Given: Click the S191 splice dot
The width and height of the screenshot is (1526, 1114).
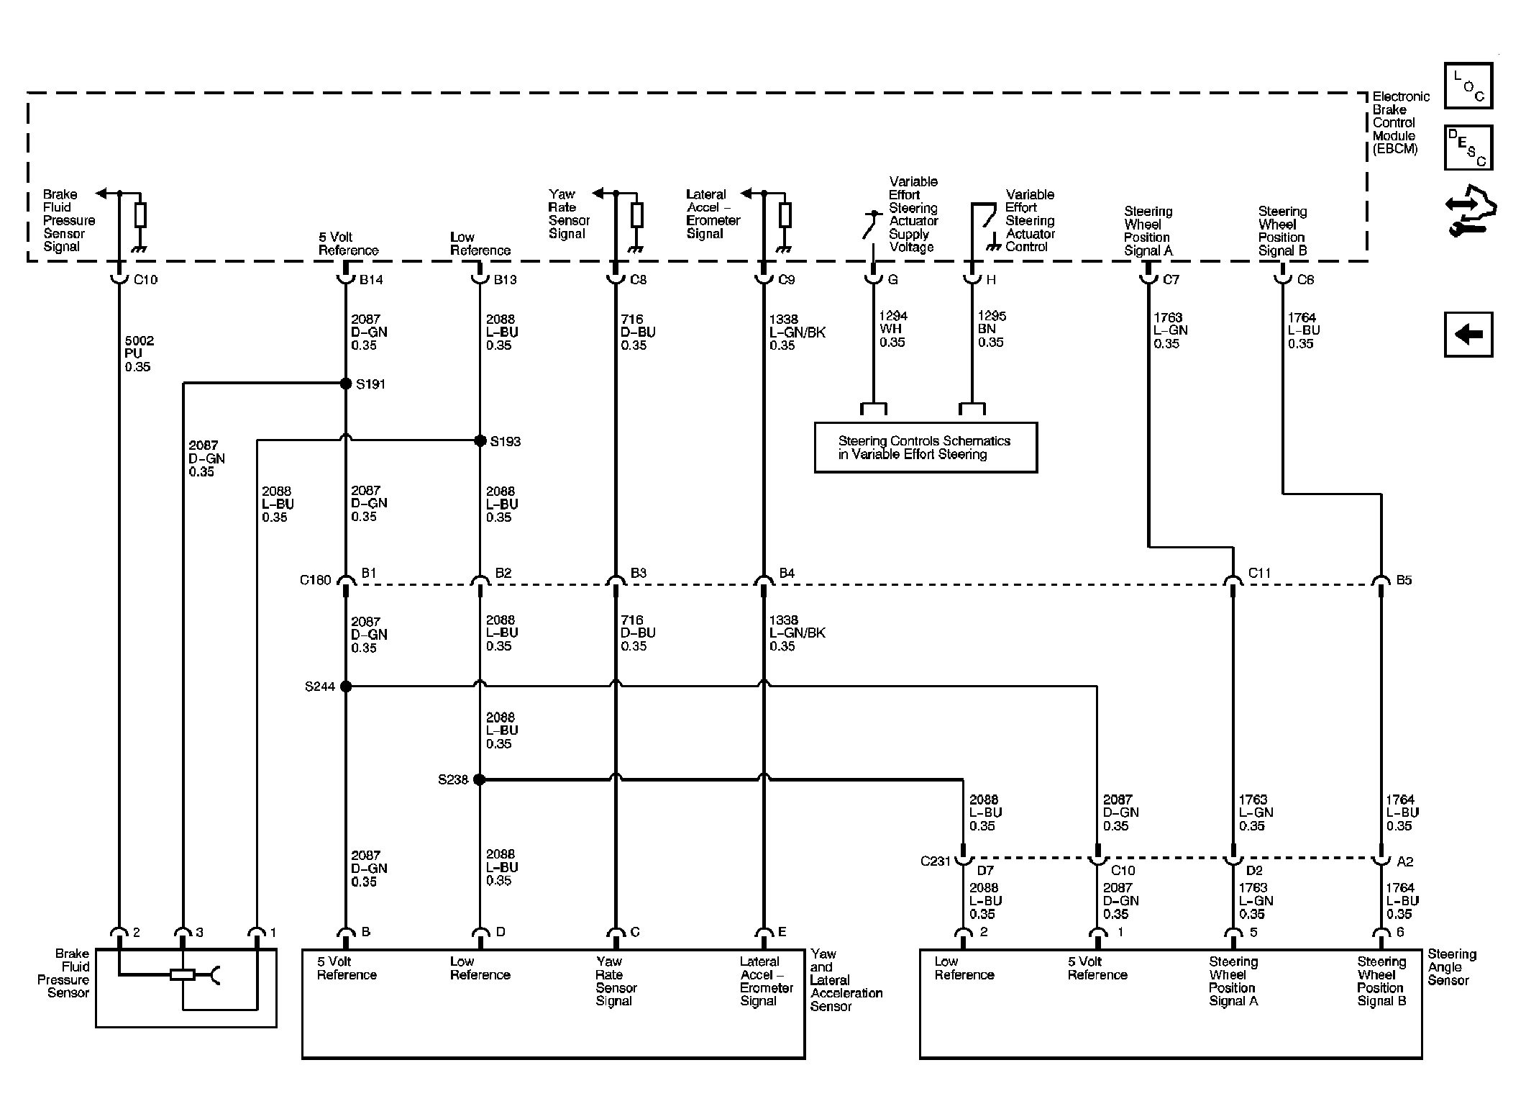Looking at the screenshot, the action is pos(346,384).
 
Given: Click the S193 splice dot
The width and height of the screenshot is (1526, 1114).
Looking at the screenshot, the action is pos(480,440).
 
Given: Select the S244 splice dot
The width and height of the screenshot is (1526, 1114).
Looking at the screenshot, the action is pos(346,687).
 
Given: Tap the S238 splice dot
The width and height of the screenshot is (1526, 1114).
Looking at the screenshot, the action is pos(480,779).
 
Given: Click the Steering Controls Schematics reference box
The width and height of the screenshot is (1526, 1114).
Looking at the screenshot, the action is pos(926,448).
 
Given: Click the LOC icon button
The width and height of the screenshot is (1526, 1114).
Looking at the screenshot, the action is pos(1468,86).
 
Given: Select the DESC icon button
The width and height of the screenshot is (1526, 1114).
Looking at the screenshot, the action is pos(1468,148).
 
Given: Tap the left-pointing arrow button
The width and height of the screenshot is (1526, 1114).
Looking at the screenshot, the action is pos(1468,334).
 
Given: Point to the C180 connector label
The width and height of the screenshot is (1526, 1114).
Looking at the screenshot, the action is pos(316,580).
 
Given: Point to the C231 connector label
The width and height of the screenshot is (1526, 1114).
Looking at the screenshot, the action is pos(936,861).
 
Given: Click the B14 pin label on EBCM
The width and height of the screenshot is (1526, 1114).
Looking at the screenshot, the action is pos(371,279).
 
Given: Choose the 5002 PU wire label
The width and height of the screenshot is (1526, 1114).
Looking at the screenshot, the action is pos(138,353).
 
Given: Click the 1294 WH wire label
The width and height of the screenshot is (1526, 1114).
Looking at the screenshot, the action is pos(892,329).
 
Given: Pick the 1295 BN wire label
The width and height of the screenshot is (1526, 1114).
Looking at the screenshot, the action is pos(991,329).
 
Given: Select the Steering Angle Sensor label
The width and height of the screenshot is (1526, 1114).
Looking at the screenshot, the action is pos(1452,967).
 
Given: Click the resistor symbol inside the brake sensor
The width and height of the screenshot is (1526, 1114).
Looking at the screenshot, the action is pos(183,975).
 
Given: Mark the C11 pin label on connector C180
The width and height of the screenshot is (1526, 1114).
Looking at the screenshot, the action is pos(1259,573).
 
